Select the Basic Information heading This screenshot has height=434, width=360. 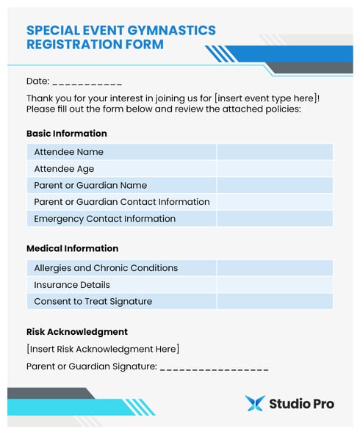[x=67, y=134]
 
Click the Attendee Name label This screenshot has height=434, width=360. [x=68, y=152]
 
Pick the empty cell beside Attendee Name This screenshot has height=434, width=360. [x=274, y=152]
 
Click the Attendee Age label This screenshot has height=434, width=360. [x=64, y=169]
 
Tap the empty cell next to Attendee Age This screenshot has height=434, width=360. [x=274, y=169]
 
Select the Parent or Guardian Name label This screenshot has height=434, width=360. [x=90, y=185]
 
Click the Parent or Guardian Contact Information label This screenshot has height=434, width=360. [x=121, y=202]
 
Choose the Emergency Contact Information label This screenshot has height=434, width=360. [x=104, y=219]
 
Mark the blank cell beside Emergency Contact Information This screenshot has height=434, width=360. [x=274, y=219]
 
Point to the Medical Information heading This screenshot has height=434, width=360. [x=72, y=248]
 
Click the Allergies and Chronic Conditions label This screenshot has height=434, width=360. [x=106, y=268]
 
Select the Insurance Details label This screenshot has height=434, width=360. [x=72, y=285]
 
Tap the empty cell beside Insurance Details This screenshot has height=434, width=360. [x=274, y=285]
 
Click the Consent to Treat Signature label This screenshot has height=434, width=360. [x=93, y=301]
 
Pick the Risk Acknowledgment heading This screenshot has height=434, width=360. [x=77, y=331]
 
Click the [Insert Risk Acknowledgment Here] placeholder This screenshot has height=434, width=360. [x=103, y=349]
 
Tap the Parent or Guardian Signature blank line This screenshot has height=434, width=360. [x=214, y=367]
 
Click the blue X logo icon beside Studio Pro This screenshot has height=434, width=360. [x=255, y=403]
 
